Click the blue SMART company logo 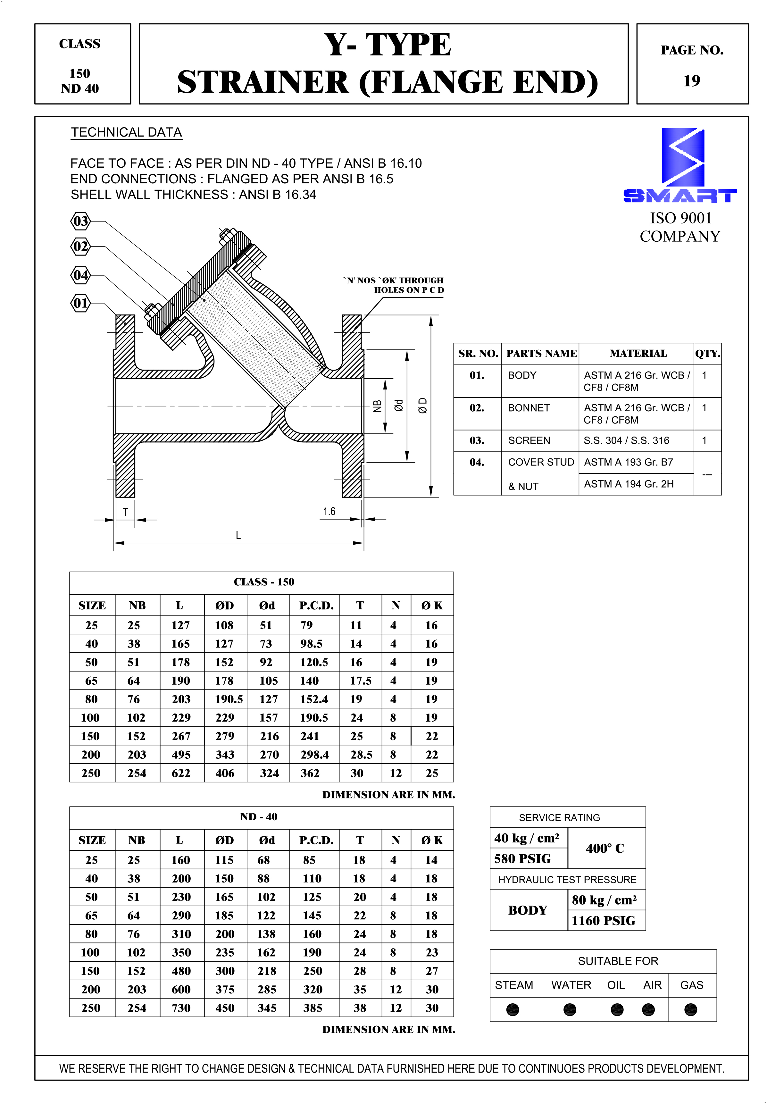(x=680, y=166)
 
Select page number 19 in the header (x=692, y=81)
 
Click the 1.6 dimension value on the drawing (x=329, y=511)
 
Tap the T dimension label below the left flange (x=125, y=512)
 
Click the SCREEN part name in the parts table (x=529, y=440)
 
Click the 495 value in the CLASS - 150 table (x=181, y=755)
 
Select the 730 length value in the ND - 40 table (x=181, y=1008)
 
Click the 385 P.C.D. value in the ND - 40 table (x=313, y=1008)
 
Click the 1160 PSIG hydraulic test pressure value (x=603, y=920)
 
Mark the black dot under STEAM (x=513, y=1010)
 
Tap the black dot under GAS (x=691, y=1010)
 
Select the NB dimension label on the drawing (x=378, y=406)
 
